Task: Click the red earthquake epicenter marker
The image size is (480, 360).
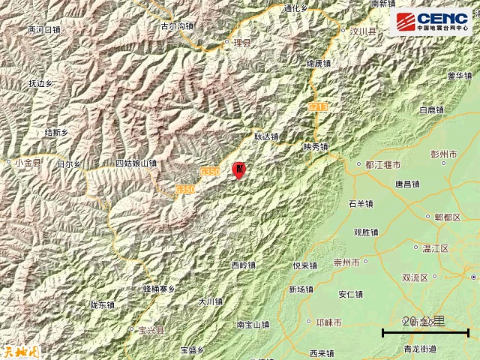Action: point(239,170)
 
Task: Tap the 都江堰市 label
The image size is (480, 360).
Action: point(383,164)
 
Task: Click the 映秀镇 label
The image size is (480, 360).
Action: point(316,147)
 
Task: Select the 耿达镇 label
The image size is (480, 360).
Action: point(265,137)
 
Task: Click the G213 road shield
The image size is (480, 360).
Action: point(318,108)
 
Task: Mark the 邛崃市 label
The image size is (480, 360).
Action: point(329,322)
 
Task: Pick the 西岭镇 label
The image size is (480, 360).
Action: point(244,265)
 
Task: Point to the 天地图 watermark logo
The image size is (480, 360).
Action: point(15,349)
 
